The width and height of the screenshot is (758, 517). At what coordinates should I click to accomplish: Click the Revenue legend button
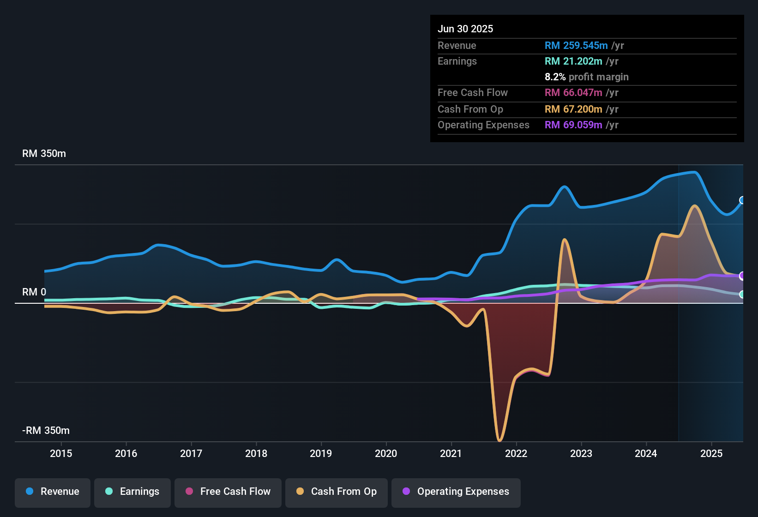pos(53,492)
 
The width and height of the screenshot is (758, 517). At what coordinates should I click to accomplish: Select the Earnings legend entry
pos(132,492)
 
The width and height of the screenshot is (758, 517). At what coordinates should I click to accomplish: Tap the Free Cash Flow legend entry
pos(228,492)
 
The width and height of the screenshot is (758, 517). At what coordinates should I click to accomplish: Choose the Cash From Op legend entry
pos(337,492)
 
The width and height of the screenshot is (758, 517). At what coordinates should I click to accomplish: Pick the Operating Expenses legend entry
pos(456,492)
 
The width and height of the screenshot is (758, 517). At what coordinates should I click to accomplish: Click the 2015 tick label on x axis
pos(61,453)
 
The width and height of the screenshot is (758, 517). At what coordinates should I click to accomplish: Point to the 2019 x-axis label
pos(321,453)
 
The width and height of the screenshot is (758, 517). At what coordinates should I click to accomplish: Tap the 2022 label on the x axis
pos(516,453)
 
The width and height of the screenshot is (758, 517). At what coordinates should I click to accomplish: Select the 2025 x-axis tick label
pos(711,453)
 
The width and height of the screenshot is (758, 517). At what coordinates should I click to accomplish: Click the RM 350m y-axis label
pos(44,154)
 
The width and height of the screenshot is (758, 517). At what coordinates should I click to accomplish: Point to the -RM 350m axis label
pos(46,431)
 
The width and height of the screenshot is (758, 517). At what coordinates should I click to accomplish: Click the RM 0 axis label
pos(34,292)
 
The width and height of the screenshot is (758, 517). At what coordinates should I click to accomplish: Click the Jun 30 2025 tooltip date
pos(465,29)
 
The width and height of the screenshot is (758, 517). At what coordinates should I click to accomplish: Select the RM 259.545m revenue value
pos(576,45)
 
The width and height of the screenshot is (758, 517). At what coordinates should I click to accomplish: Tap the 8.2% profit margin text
pos(586,77)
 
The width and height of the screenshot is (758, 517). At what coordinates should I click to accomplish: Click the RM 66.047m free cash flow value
pos(573,92)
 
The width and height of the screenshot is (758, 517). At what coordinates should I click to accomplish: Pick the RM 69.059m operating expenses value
pos(573,125)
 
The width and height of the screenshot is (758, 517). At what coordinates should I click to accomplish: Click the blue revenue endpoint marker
pos(742,200)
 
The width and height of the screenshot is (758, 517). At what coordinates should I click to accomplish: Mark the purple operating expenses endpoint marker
pos(742,276)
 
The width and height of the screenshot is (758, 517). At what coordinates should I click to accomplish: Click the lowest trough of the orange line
pos(499,440)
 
